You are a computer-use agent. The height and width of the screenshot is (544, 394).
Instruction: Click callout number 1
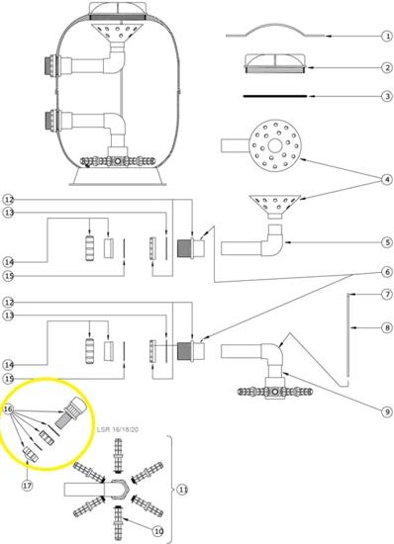(387, 36)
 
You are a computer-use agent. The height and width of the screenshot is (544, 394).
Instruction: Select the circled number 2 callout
(387, 67)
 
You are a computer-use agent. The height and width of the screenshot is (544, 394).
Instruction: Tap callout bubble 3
(387, 96)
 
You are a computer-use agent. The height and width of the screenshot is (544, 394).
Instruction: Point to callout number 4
(387, 180)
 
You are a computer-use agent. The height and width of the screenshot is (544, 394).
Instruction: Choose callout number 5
(387, 242)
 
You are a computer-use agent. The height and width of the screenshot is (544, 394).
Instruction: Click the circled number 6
(387, 272)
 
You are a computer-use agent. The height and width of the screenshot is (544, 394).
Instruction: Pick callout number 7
(387, 295)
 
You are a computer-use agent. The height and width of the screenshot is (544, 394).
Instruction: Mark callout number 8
(387, 327)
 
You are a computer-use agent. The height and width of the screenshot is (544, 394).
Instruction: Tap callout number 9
(387, 411)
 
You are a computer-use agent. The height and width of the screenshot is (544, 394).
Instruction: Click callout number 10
(158, 531)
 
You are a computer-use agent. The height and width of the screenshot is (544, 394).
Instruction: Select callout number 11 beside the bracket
(182, 490)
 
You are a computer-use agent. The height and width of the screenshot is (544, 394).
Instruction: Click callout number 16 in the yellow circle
(8, 409)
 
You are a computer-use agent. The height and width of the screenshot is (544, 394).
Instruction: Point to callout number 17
(28, 486)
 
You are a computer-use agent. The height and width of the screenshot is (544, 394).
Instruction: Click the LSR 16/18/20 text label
(118, 429)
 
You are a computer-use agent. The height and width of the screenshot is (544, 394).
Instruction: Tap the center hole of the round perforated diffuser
(275, 145)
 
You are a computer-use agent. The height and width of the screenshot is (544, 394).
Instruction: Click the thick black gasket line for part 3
(275, 96)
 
